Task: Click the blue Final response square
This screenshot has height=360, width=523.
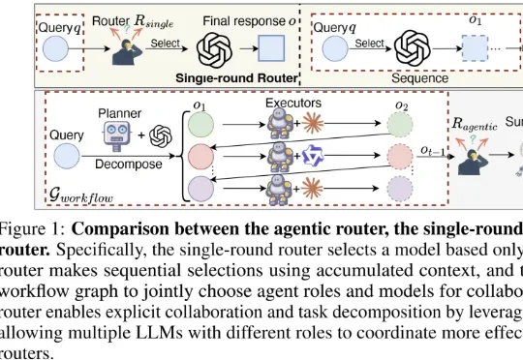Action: click(x=271, y=48)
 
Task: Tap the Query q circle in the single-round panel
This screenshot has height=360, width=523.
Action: click(x=56, y=48)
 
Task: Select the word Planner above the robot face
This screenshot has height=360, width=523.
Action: click(x=120, y=113)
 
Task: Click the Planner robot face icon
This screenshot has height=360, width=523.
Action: click(x=116, y=135)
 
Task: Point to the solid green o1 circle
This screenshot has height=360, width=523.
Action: click(x=200, y=125)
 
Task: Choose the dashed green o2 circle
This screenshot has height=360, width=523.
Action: click(x=400, y=125)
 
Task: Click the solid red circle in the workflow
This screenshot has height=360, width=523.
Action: click(x=200, y=157)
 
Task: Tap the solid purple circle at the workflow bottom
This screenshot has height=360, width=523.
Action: click(x=200, y=189)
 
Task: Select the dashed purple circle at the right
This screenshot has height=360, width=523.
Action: click(x=400, y=189)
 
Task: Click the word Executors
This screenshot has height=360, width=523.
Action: click(x=293, y=103)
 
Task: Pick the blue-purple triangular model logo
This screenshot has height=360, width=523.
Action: click(x=313, y=156)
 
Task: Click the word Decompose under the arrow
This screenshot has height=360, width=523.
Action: click(x=129, y=164)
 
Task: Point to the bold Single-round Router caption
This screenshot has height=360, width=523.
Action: click(x=236, y=78)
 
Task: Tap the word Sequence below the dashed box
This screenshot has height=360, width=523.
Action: click(x=419, y=78)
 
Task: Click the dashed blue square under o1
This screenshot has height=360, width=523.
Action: click(x=475, y=48)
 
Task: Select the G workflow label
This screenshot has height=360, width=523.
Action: click(x=81, y=195)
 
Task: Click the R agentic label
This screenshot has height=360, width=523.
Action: click(x=475, y=124)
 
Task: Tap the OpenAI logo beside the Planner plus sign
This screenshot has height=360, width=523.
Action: click(x=161, y=136)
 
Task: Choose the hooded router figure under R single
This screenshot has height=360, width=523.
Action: click(x=127, y=52)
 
